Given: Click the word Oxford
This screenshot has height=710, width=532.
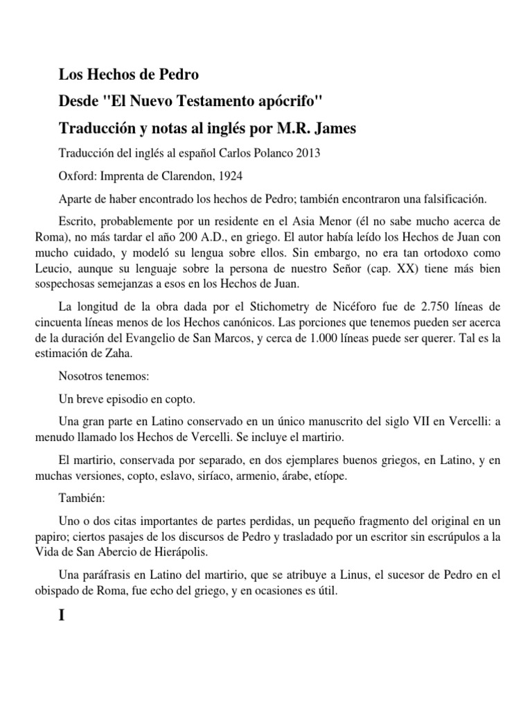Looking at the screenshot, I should [x=74, y=177].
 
